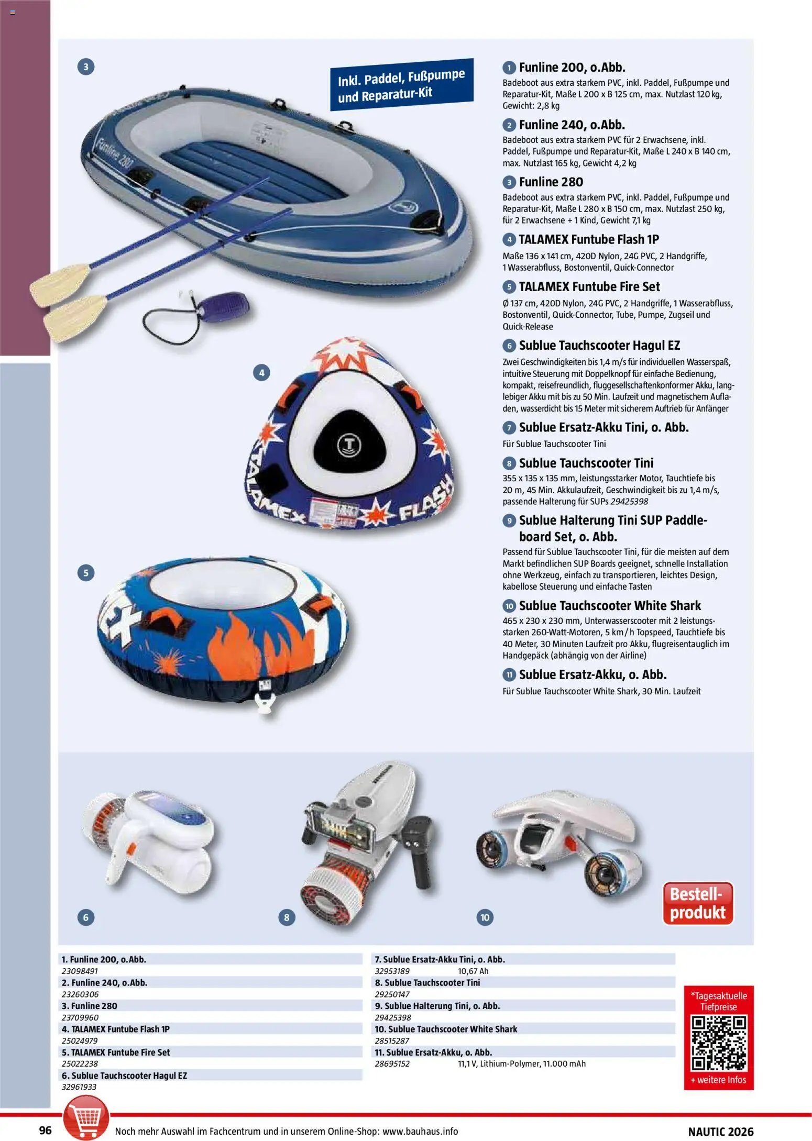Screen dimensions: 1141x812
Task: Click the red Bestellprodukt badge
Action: (x=697, y=903)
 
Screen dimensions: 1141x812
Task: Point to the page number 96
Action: (x=46, y=1129)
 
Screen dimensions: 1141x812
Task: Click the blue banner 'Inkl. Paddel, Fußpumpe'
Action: (x=401, y=85)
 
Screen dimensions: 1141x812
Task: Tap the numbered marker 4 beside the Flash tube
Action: (x=261, y=373)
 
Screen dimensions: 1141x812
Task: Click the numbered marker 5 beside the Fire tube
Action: (x=86, y=572)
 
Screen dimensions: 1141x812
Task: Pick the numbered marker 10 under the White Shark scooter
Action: (x=485, y=917)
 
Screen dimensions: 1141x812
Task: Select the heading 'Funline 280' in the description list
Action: (x=551, y=182)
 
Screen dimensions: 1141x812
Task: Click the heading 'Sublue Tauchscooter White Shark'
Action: (x=609, y=606)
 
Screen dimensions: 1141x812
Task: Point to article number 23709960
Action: (x=80, y=1017)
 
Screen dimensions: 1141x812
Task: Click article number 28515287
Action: (x=392, y=1040)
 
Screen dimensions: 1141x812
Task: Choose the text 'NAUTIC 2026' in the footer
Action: (x=720, y=1131)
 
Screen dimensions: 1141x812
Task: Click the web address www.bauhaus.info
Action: (x=420, y=1131)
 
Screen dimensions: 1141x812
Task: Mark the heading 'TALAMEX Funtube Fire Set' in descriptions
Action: (x=589, y=287)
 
